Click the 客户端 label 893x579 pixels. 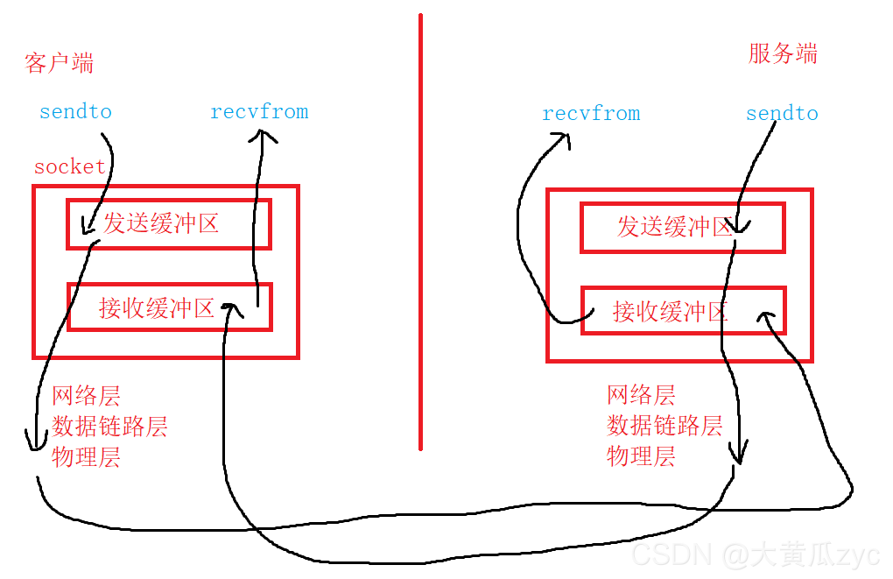[x=60, y=63]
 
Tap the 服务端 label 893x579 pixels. [x=783, y=53]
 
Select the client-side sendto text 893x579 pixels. [x=75, y=112]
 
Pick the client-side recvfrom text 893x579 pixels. [x=259, y=112]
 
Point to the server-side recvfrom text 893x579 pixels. [x=591, y=114]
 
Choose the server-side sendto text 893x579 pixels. [x=782, y=114]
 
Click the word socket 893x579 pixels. [x=70, y=166]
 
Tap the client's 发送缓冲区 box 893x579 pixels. [x=168, y=223]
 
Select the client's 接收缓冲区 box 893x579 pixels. [x=168, y=307]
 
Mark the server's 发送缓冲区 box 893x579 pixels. [x=682, y=228]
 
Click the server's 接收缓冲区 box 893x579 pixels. [x=682, y=310]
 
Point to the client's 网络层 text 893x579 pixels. [x=86, y=395]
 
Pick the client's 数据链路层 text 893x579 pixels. [x=109, y=427]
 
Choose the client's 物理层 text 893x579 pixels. [x=86, y=456]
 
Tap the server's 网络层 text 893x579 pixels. [x=641, y=394]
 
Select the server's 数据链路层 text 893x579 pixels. [x=664, y=426]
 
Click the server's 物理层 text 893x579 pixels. [x=641, y=455]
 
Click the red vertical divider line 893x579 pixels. [x=420, y=232]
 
